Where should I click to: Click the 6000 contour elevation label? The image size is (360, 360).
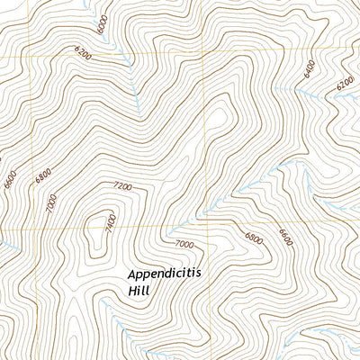tap(103, 25)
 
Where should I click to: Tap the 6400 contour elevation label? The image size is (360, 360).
tap(310, 68)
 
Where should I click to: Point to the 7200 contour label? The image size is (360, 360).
tap(122, 187)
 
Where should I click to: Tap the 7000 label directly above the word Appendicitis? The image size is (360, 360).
tap(184, 244)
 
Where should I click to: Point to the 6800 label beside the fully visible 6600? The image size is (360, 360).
tap(254, 238)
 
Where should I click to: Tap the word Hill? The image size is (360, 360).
tap(140, 292)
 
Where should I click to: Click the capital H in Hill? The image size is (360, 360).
tap(132, 292)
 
